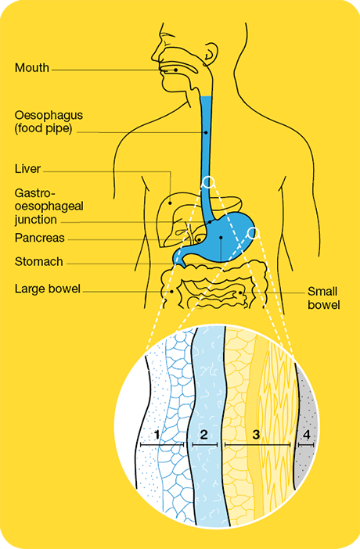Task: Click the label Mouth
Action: (x=32, y=67)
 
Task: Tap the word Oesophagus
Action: (x=49, y=115)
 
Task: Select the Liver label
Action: (x=27, y=169)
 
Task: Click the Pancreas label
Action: (x=40, y=238)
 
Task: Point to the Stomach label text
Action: (x=39, y=261)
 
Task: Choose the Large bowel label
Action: (x=48, y=289)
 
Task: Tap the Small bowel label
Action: (x=323, y=298)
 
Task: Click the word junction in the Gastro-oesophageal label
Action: (x=36, y=220)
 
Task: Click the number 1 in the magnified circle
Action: (x=157, y=435)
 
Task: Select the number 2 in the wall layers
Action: (x=203, y=435)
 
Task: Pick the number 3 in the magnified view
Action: (x=256, y=435)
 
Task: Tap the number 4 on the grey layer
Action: (x=306, y=435)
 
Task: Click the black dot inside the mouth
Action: (x=175, y=70)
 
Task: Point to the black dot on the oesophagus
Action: (x=206, y=133)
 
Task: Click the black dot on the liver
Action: (x=171, y=203)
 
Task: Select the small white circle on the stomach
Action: (x=253, y=232)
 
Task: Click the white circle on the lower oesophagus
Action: (x=209, y=181)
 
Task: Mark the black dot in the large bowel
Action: (x=171, y=291)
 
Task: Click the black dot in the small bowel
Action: (x=240, y=292)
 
